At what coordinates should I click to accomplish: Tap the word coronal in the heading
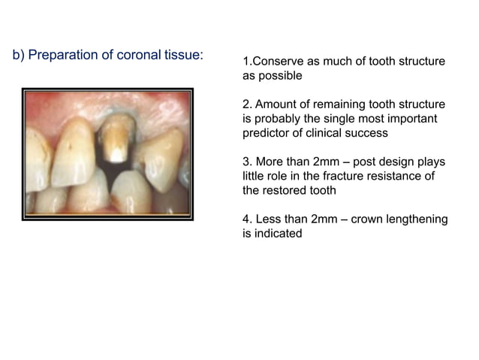tap(134, 56)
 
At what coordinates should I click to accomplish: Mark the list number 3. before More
tap(247, 162)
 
